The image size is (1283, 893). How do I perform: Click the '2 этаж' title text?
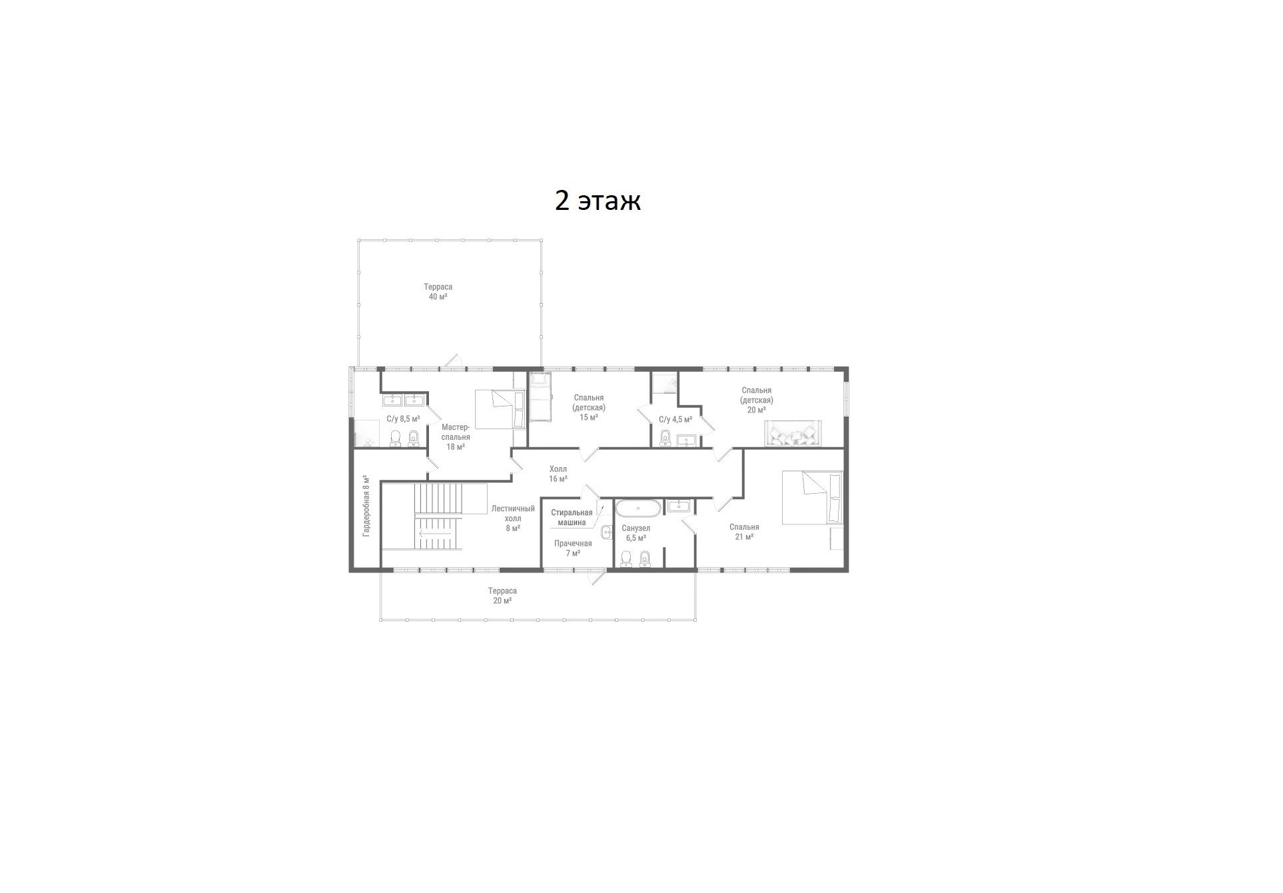[x=598, y=200]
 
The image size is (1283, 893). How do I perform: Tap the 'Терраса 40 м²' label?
[x=438, y=292]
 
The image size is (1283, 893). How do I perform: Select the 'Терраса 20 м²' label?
[x=502, y=596]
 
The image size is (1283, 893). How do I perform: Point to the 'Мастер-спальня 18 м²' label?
[x=456, y=437]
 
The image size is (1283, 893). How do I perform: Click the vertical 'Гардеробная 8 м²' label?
[x=366, y=506]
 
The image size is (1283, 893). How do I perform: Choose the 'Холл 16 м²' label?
[x=558, y=474]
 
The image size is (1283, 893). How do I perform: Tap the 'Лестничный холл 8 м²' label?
[x=513, y=518]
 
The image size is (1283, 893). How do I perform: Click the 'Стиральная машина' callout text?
[x=572, y=517]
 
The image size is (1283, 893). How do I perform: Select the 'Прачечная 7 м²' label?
[x=573, y=548]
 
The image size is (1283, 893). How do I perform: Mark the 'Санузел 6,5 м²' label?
[x=636, y=533]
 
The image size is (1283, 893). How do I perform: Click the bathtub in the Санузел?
[x=638, y=508]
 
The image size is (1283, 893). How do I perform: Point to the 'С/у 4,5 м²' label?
[x=675, y=420]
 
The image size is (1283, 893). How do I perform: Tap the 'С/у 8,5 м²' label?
[x=404, y=419]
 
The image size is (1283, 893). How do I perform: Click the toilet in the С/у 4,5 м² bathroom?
[x=665, y=437]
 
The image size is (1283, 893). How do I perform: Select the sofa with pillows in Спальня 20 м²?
[x=794, y=433]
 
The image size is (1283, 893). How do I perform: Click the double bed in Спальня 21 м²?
[x=812, y=498]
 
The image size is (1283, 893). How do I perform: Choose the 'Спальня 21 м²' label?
[x=744, y=532]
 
